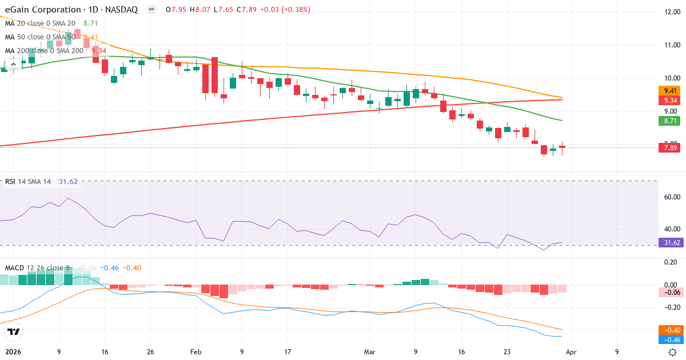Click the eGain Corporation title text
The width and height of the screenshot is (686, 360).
(42, 10)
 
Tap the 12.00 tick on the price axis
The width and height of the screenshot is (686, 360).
(668, 11)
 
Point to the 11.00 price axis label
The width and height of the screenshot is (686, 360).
(668, 45)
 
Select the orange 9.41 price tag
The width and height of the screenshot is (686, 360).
(669, 90)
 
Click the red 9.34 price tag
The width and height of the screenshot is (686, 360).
(669, 100)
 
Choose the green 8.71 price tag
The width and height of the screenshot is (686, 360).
(669, 121)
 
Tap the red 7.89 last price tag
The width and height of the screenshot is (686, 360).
(669, 148)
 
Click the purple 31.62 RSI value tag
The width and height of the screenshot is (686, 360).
(669, 243)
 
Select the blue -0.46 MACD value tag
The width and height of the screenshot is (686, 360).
(669, 339)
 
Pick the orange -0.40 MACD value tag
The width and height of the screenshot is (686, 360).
(669, 330)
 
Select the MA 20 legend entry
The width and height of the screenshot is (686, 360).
(40, 23)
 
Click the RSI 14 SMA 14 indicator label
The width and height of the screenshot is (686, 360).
(27, 182)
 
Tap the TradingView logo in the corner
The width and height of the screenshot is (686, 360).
(14, 331)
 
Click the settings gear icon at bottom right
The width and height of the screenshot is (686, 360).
(673, 352)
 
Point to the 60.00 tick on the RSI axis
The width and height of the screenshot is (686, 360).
(668, 197)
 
